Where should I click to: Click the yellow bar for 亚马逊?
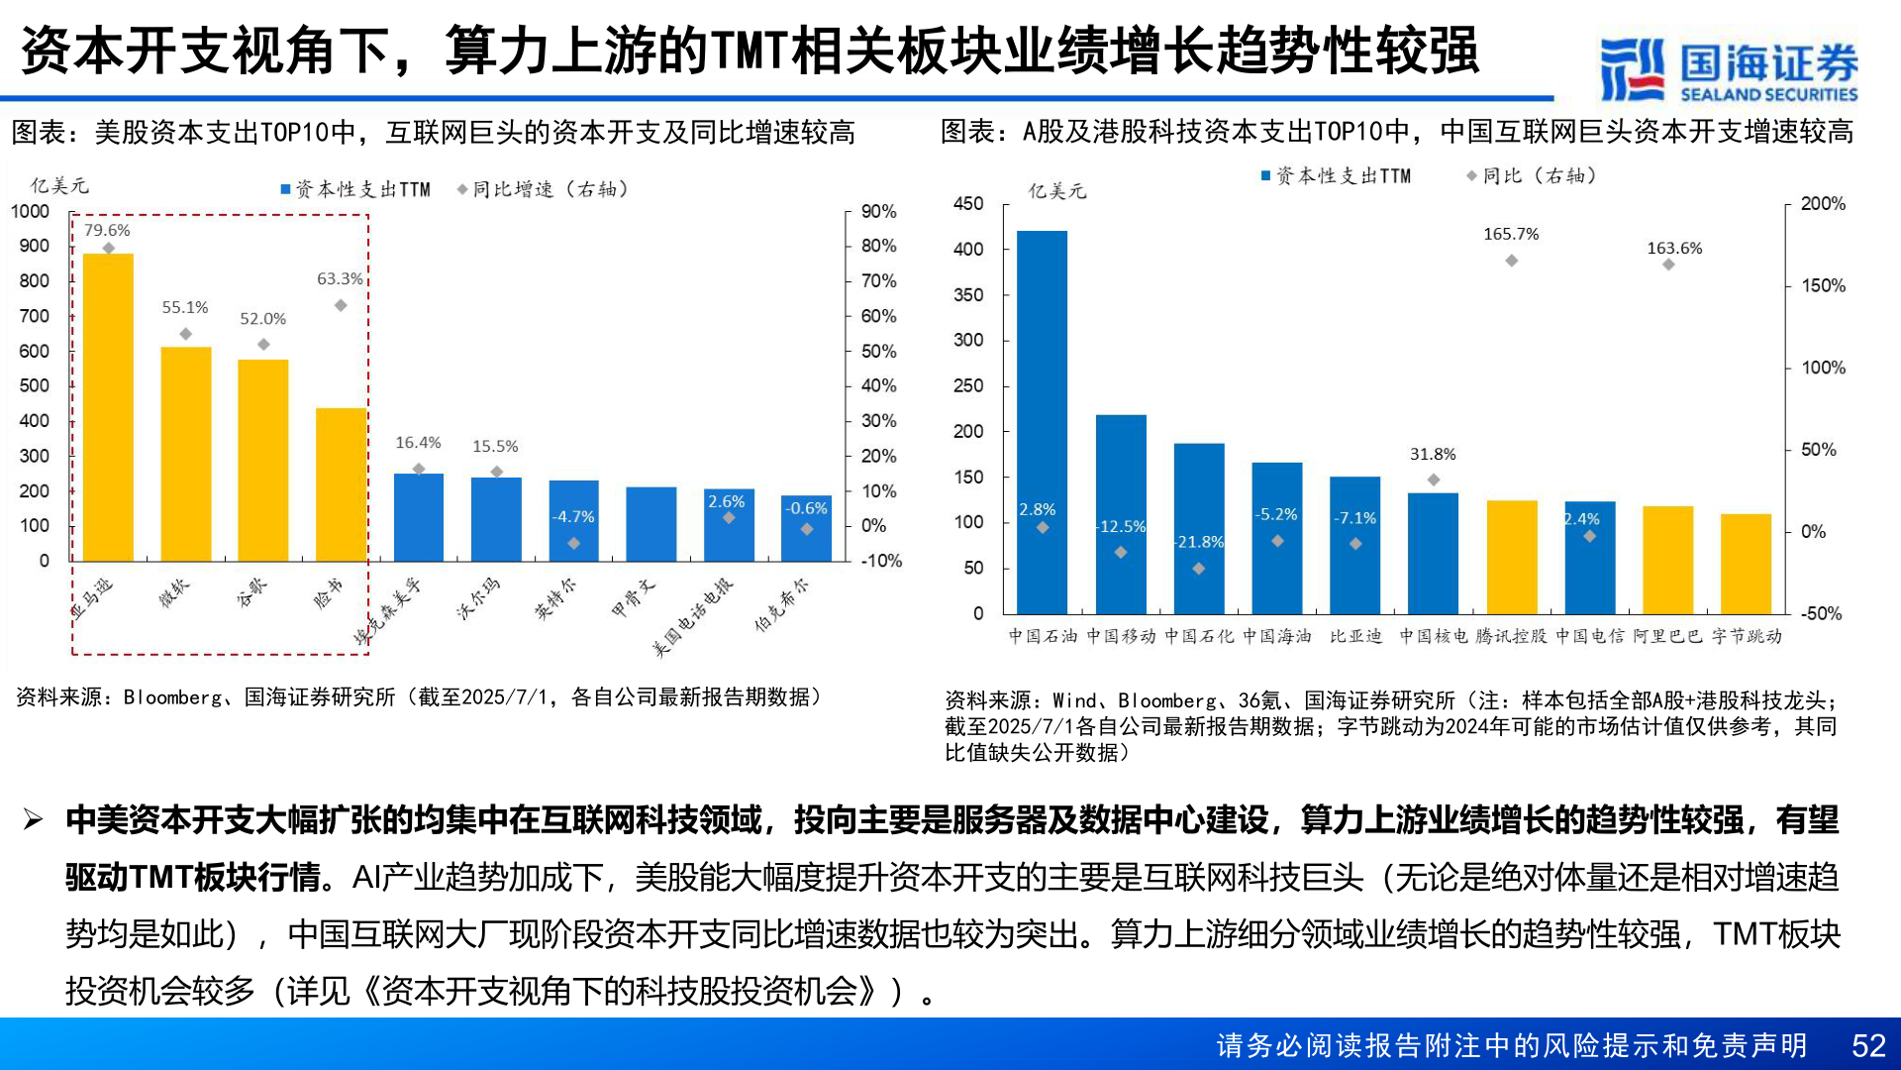pyautogui.click(x=108, y=407)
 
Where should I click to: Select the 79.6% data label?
pyautogui.click(x=107, y=230)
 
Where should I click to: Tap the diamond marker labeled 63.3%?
pyautogui.click(x=341, y=305)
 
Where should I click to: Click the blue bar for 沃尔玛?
pyautogui.click(x=496, y=519)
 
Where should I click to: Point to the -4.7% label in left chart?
pyautogui.click(x=574, y=517)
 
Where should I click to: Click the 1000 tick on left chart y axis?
pyautogui.click(x=30, y=211)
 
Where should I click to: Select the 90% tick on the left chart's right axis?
pyautogui.click(x=878, y=211)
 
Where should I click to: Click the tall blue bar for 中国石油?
pyautogui.click(x=1042, y=422)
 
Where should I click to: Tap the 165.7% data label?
pyautogui.click(x=1511, y=234)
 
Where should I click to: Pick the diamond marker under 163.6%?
pyautogui.click(x=1668, y=265)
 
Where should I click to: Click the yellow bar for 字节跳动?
pyautogui.click(x=1746, y=564)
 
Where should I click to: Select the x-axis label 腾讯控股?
pyautogui.click(x=1511, y=636)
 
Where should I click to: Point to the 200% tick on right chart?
pyautogui.click(x=1823, y=203)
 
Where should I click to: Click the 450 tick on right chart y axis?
pyautogui.click(x=968, y=203)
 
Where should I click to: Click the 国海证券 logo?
pyautogui.click(x=1729, y=68)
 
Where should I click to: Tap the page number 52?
pyautogui.click(x=1868, y=1045)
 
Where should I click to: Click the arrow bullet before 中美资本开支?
pyautogui.click(x=34, y=819)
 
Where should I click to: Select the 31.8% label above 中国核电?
pyautogui.click(x=1433, y=454)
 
